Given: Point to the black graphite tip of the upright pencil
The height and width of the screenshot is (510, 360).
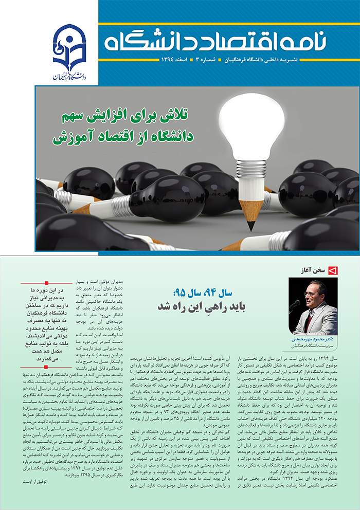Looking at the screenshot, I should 250,226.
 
